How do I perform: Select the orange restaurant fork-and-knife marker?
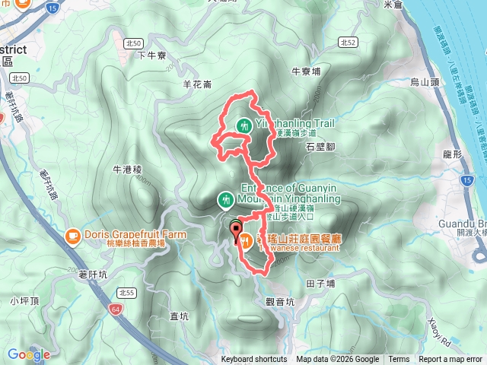pos(246,241)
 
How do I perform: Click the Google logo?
pos(29,354)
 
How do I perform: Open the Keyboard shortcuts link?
pos(254,360)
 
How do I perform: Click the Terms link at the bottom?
pos(399,360)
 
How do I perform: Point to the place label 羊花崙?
pos(197,84)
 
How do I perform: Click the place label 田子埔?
pos(320,282)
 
